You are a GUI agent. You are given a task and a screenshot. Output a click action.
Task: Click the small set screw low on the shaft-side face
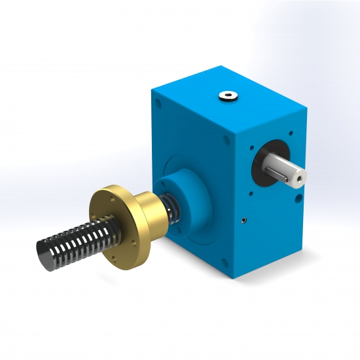(x=244, y=219)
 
